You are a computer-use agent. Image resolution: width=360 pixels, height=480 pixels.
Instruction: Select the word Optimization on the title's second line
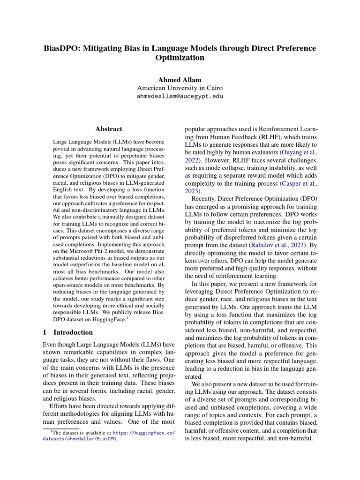[180, 58]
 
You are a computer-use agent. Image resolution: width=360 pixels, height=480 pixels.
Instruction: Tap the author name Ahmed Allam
[180, 80]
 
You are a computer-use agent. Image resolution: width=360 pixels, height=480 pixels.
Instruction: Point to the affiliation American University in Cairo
[180, 88]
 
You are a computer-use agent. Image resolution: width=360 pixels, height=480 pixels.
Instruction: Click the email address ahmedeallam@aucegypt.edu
[180, 97]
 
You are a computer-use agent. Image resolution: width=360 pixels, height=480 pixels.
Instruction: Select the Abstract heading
[108, 129]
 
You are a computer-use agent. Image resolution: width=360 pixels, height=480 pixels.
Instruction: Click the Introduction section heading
[73, 332]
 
